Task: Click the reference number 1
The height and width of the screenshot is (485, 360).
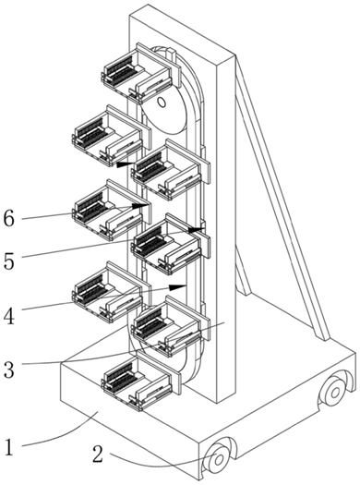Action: point(9,447)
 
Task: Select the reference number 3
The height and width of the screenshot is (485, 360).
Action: point(9,370)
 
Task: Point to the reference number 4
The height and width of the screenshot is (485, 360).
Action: point(9,316)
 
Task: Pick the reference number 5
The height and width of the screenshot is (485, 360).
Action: point(9,261)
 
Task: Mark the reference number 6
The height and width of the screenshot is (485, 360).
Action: point(9,219)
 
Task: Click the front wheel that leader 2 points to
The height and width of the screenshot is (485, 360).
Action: point(218,459)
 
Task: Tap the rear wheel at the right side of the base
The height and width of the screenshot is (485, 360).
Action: point(335,393)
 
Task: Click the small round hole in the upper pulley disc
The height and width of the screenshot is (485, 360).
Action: point(162,102)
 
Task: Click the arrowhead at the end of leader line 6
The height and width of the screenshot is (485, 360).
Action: point(139,205)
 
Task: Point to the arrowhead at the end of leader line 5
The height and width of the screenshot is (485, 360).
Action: point(196,230)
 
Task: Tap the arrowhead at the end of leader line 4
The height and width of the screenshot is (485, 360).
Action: point(177,286)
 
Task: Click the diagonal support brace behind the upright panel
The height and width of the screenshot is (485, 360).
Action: point(282,198)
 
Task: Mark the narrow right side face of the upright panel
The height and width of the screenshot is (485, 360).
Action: point(226,229)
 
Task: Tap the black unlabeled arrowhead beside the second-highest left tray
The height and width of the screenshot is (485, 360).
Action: point(126,164)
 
